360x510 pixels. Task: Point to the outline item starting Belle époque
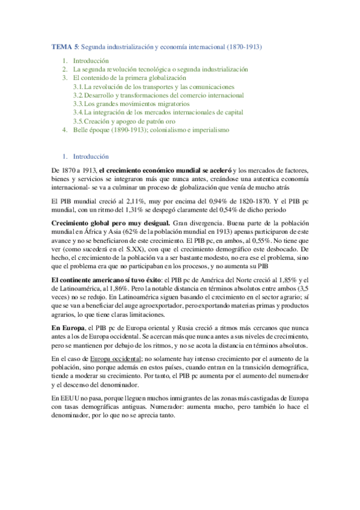150,129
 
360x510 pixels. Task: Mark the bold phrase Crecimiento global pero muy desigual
111,224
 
